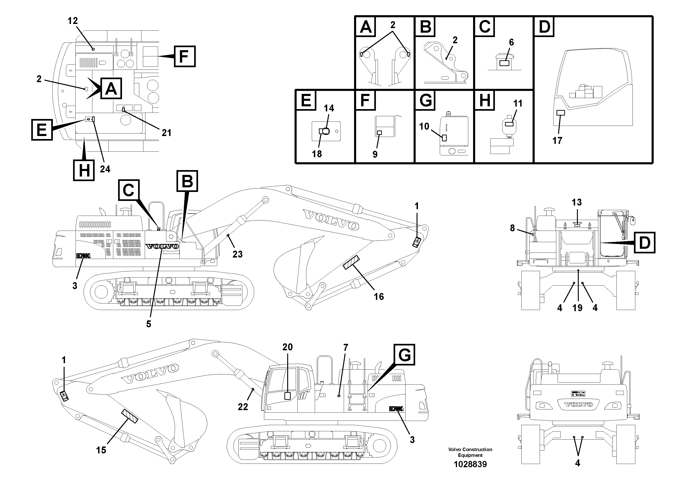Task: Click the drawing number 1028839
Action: [x=470, y=464]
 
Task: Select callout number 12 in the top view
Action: [x=73, y=21]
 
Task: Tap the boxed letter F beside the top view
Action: [x=184, y=56]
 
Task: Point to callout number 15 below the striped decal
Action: [x=101, y=450]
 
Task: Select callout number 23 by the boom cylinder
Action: [x=237, y=254]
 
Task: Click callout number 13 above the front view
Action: [x=576, y=202]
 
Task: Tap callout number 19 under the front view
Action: [x=577, y=308]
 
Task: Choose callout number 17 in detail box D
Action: [x=557, y=141]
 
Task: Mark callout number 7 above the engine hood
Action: [x=346, y=347]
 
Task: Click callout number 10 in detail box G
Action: [x=424, y=126]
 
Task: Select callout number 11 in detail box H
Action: [x=518, y=104]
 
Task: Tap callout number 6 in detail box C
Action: [x=511, y=42]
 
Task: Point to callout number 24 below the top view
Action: [x=105, y=169]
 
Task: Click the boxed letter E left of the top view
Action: [x=42, y=130]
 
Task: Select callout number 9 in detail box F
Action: [x=375, y=154]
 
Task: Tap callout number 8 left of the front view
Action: [x=512, y=228]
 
